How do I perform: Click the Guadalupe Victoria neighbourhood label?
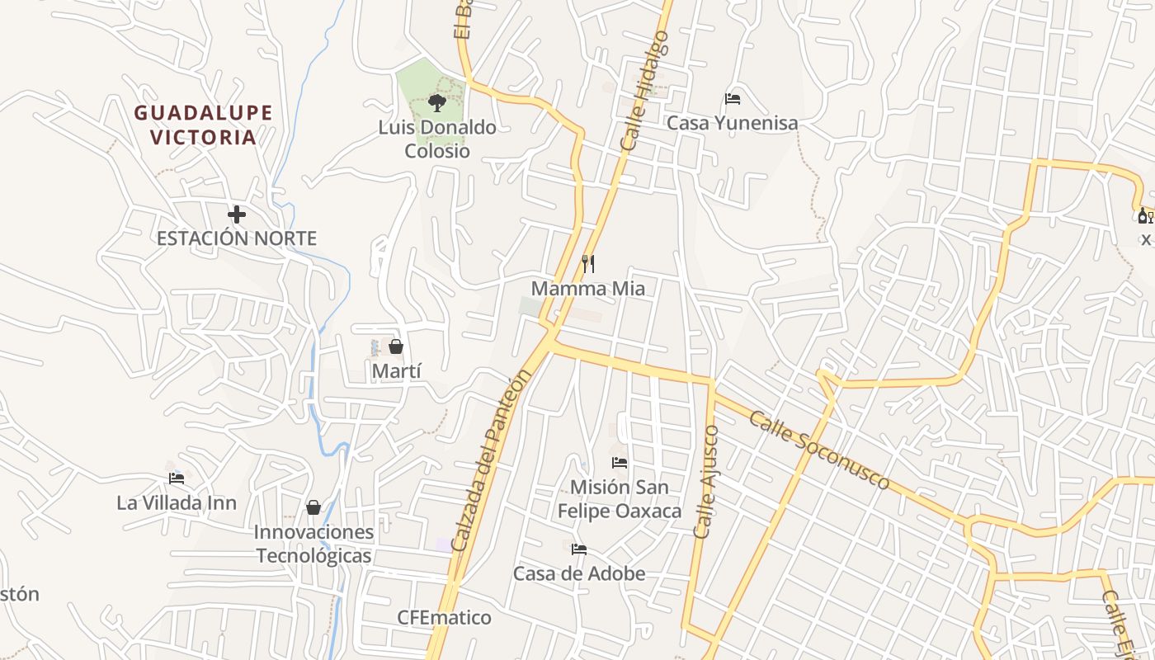click(x=203, y=125)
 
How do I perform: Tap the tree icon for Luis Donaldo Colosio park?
click(x=437, y=103)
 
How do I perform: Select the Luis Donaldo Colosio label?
click(x=437, y=139)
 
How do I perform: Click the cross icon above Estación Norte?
click(x=237, y=215)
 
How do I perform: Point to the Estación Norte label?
click(x=237, y=238)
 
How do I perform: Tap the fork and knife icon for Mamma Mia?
click(x=588, y=264)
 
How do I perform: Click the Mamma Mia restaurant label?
click(x=588, y=289)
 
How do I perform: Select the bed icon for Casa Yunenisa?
click(x=732, y=99)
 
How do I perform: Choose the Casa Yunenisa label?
click(x=732, y=124)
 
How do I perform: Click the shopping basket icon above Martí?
click(x=396, y=346)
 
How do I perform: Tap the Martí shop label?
click(x=396, y=371)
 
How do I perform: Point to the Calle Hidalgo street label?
click(x=644, y=91)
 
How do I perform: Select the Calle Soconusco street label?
click(x=819, y=450)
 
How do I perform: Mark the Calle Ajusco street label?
click(x=706, y=482)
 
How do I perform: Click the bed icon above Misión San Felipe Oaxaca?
click(x=620, y=463)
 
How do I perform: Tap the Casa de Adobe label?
click(x=579, y=573)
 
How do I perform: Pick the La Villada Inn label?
click(x=177, y=502)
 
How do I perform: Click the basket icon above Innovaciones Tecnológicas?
click(x=313, y=507)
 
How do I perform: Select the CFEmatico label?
click(x=444, y=618)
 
